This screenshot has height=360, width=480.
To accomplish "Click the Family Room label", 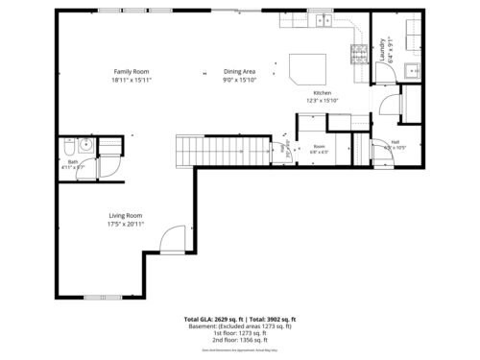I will [132, 72].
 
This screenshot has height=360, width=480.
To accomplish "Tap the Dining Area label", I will [239, 72].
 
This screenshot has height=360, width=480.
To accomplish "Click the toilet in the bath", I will [70, 148].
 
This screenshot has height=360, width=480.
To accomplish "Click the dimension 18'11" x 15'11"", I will [132, 80].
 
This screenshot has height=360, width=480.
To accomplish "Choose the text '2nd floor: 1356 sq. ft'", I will [239, 339].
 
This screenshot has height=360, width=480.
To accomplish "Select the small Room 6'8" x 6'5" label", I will [320, 149].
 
